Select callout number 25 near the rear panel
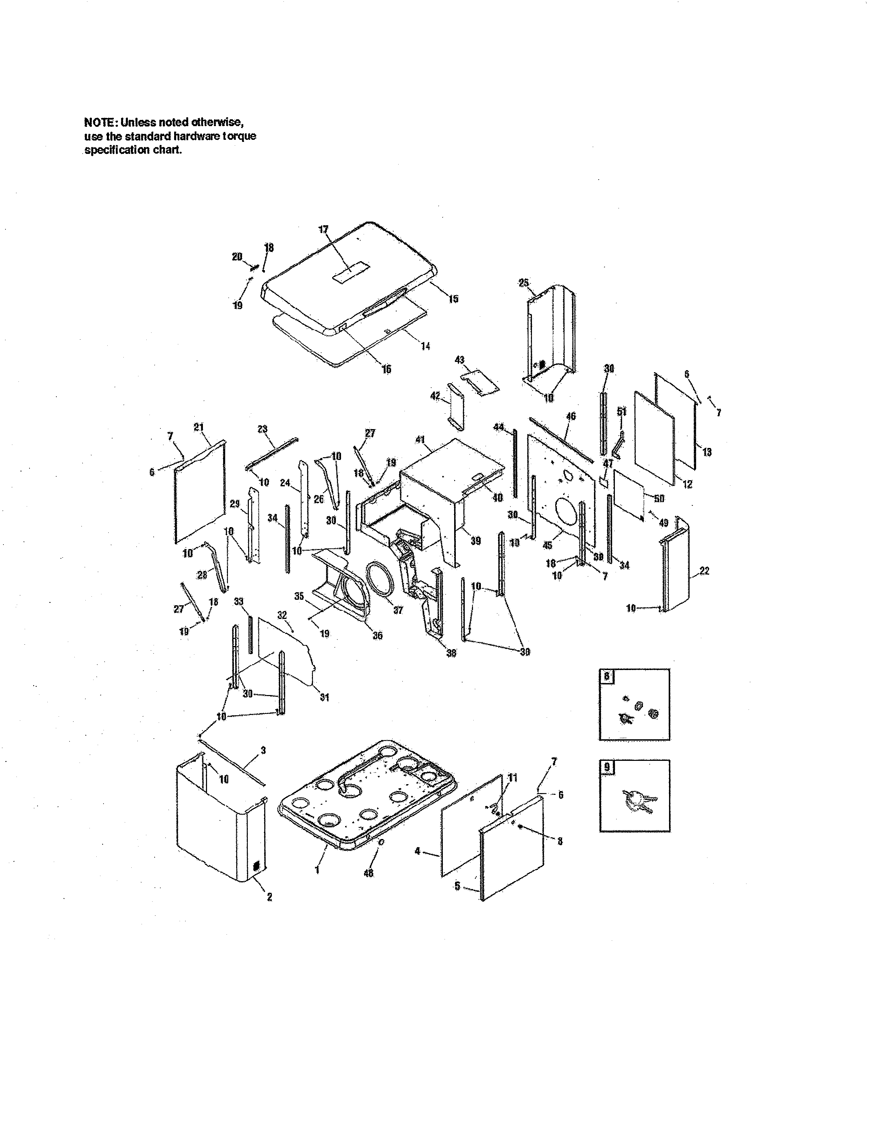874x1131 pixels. (523, 283)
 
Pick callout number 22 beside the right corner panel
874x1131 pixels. (704, 571)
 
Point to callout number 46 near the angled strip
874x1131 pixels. (571, 416)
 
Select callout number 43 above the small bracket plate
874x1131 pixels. (459, 360)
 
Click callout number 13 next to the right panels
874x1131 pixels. (707, 452)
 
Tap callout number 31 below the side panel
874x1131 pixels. (324, 697)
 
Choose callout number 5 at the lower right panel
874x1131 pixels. (457, 886)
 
